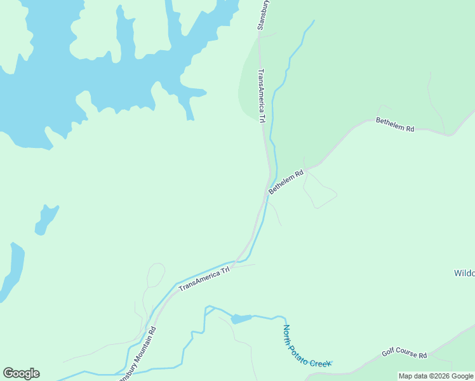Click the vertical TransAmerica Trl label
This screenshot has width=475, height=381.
(261, 96)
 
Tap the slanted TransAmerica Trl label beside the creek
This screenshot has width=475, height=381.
(204, 279)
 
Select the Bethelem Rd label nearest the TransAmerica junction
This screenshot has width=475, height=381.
(286, 182)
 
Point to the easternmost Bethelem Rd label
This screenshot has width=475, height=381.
(395, 124)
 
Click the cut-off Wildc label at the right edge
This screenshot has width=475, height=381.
(464, 274)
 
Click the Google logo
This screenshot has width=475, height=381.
(21, 373)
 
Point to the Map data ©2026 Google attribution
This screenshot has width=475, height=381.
(436, 376)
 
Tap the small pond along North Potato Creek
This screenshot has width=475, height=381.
(241, 318)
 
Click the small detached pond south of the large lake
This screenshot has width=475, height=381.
(46, 218)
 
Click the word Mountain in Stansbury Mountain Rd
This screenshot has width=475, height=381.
(141, 347)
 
